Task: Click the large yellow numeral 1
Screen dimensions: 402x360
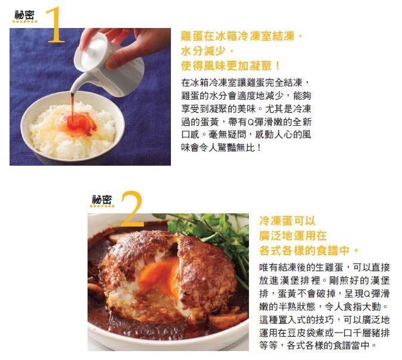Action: tap(55, 25)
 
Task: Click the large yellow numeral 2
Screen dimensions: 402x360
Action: tap(132, 209)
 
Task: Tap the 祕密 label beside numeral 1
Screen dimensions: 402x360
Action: tap(24, 15)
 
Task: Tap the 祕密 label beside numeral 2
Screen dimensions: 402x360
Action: tap(102, 200)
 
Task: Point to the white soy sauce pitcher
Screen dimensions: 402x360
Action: tap(108, 64)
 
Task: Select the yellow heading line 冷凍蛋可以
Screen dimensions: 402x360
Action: tap(288, 221)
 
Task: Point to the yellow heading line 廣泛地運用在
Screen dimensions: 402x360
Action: tap(293, 235)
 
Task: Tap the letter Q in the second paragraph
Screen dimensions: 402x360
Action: tap(366, 294)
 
